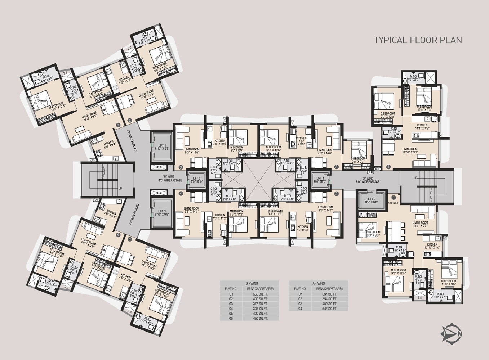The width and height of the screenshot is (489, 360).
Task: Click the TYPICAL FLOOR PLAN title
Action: (418, 40)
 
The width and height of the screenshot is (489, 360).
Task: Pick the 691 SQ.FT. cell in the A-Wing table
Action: (330, 294)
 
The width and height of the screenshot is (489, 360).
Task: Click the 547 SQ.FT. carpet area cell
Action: (330, 309)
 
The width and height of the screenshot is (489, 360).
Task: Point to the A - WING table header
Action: (319, 283)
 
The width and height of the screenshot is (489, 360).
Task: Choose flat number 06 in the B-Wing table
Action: (231, 318)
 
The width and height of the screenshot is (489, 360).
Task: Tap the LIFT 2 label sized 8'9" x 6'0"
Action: (372, 201)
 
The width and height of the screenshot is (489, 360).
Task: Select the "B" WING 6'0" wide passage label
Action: (166, 179)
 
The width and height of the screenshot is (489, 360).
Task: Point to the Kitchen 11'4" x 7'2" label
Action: (422, 127)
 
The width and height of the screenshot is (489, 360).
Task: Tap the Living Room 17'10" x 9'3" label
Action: (410, 151)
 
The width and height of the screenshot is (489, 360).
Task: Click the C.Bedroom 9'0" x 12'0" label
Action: (387, 115)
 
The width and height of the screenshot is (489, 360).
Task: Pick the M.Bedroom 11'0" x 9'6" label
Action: (448, 283)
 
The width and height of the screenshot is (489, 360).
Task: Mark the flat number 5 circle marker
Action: (130, 239)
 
